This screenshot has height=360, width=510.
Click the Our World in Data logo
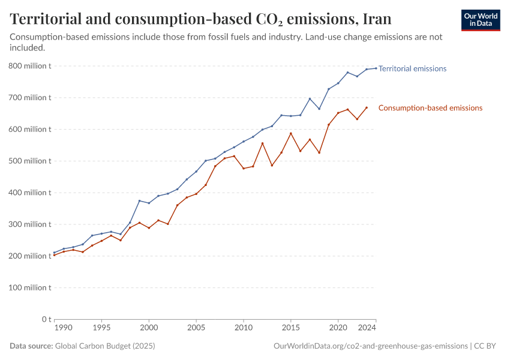pyautogui.click(x=481, y=20)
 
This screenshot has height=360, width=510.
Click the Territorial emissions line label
pyautogui.click(x=412, y=68)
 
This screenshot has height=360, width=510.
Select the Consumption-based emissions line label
pyautogui.click(x=430, y=108)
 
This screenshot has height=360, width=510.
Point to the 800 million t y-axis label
pyautogui.click(x=29, y=66)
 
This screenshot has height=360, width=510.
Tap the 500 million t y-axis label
pyautogui.click(x=29, y=161)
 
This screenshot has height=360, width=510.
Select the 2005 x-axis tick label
pyautogui.click(x=196, y=329)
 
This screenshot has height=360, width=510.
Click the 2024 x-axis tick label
pyautogui.click(x=367, y=329)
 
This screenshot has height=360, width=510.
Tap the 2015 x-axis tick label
pyautogui.click(x=291, y=329)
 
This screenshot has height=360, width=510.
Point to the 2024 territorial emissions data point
pyautogui.click(x=376, y=68)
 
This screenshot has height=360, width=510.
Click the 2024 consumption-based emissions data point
pyautogui.click(x=367, y=107)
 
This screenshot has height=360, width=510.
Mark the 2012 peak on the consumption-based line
pyautogui.click(x=262, y=143)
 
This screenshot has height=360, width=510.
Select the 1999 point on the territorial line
pyautogui.click(x=139, y=200)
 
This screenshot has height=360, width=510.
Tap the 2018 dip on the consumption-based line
pyautogui.click(x=319, y=152)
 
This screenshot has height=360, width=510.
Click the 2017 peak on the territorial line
pyautogui.click(x=310, y=98)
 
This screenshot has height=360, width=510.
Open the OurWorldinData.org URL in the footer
pyautogui.click(x=370, y=346)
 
